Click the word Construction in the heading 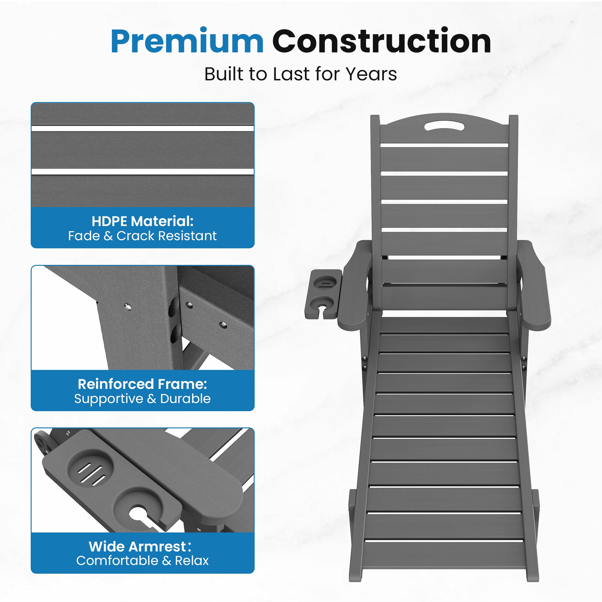(x=382, y=41)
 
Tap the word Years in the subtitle (x=371, y=74)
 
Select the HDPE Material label (x=142, y=221)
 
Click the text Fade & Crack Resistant (x=142, y=236)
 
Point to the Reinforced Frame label (x=142, y=384)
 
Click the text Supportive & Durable (x=142, y=399)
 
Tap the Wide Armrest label (x=140, y=547)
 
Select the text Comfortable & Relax (x=142, y=560)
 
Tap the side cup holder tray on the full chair (x=323, y=294)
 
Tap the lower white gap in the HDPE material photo (x=142, y=172)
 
